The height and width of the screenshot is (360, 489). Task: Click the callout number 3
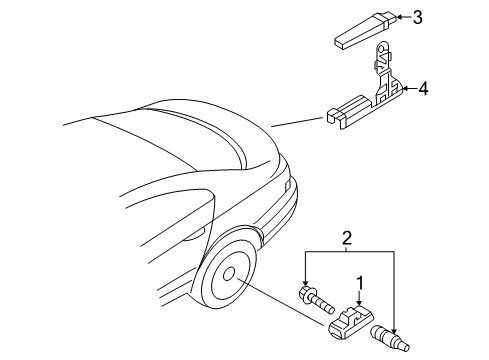(417, 17)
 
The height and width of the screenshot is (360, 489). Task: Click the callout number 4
(423, 89)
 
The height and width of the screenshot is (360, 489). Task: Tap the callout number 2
(347, 238)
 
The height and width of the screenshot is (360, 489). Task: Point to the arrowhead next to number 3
(399, 17)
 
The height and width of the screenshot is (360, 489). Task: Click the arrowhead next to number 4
(406, 89)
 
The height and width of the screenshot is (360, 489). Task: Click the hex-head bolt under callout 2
(316, 300)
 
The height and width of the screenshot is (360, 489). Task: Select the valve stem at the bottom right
(390, 337)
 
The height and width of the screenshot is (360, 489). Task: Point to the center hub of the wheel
(229, 274)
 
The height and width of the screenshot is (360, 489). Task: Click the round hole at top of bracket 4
(381, 50)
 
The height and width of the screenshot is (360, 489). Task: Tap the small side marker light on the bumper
(287, 186)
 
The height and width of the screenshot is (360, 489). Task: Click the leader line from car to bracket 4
(297, 122)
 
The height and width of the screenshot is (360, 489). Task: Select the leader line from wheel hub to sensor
(280, 301)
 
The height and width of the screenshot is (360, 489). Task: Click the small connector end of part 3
(387, 19)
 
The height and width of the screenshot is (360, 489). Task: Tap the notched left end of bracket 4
(335, 117)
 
